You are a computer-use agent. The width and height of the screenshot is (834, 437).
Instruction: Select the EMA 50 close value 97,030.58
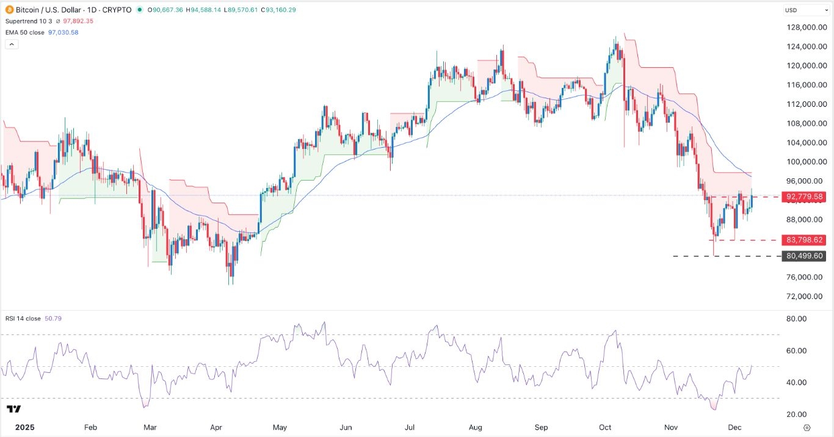[66, 32]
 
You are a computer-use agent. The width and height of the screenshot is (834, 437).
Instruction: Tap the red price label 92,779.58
[806, 197]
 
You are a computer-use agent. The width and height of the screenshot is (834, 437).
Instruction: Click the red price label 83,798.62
[806, 240]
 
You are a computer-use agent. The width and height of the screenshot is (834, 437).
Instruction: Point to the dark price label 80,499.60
[806, 256]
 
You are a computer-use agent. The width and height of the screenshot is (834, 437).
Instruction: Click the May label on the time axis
[280, 427]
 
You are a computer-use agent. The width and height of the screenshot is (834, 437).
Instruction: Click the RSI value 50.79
[54, 319]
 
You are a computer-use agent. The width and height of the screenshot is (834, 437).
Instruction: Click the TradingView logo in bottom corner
[14, 409]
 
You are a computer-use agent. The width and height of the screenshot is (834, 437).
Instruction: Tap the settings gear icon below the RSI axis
[807, 427]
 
